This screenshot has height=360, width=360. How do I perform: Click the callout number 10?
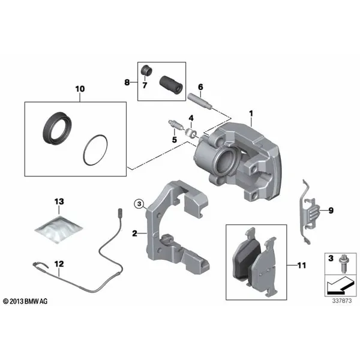(80, 89)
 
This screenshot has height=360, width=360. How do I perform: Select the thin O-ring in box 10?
(84, 149)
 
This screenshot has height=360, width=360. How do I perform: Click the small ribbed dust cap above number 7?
(146, 70)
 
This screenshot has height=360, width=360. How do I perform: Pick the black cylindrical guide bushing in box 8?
(171, 85)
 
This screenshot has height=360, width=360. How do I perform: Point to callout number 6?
(200, 87)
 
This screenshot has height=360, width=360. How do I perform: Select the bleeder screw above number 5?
(175, 125)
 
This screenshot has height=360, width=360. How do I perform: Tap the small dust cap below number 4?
(191, 133)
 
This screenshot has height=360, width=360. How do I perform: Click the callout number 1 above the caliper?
(251, 113)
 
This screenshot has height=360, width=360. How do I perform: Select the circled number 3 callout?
(139, 203)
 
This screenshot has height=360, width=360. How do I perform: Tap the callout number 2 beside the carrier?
(134, 233)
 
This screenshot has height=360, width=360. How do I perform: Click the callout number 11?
(302, 265)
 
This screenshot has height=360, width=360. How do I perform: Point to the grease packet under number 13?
(59, 229)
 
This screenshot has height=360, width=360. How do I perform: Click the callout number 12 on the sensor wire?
(59, 264)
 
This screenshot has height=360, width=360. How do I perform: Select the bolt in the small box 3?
(344, 263)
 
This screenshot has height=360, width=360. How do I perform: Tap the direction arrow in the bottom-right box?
(340, 286)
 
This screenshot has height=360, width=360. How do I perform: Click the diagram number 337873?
(342, 301)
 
